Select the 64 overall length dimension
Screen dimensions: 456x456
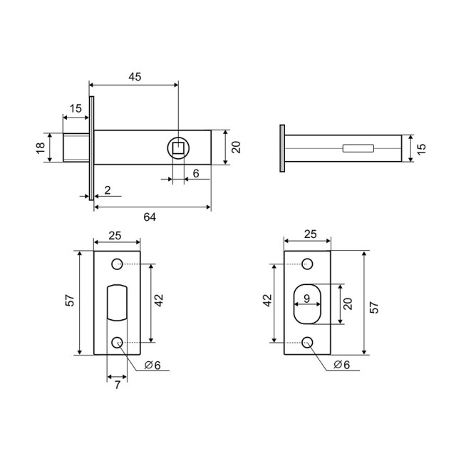coord(150,217)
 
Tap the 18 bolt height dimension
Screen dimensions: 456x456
coord(41,147)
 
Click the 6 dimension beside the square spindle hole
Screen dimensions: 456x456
coord(195,173)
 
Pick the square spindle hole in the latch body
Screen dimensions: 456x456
coord(177,148)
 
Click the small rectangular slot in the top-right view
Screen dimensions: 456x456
coord(357,148)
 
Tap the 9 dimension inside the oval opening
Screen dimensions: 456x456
coord(306,299)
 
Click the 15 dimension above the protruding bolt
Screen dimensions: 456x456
coord(76,108)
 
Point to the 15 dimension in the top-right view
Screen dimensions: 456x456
coord(421,148)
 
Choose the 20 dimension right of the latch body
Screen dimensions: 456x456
coord(236,147)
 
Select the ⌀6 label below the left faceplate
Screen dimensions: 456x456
coord(152,366)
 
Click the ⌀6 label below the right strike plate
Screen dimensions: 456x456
coord(342,366)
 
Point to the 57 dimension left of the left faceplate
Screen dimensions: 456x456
coord(69,302)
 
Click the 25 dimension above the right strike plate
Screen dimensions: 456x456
coord(308,234)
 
